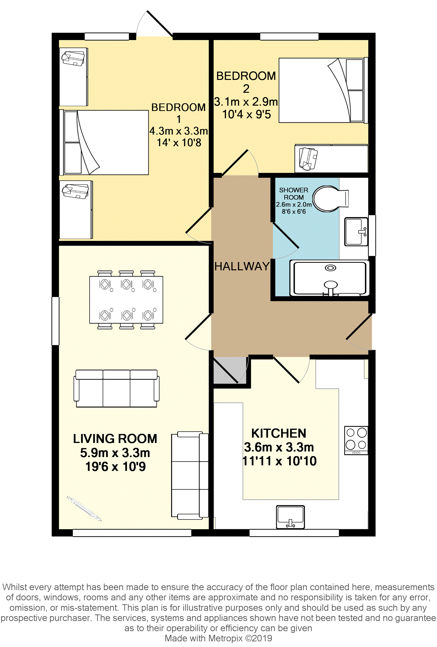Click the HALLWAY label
(242, 266)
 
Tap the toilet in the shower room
(330, 199)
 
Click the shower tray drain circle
(330, 268)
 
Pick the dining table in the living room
(126, 300)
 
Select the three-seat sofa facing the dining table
(117, 388)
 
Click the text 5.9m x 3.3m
(115, 453)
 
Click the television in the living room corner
(84, 509)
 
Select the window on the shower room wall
(372, 235)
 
